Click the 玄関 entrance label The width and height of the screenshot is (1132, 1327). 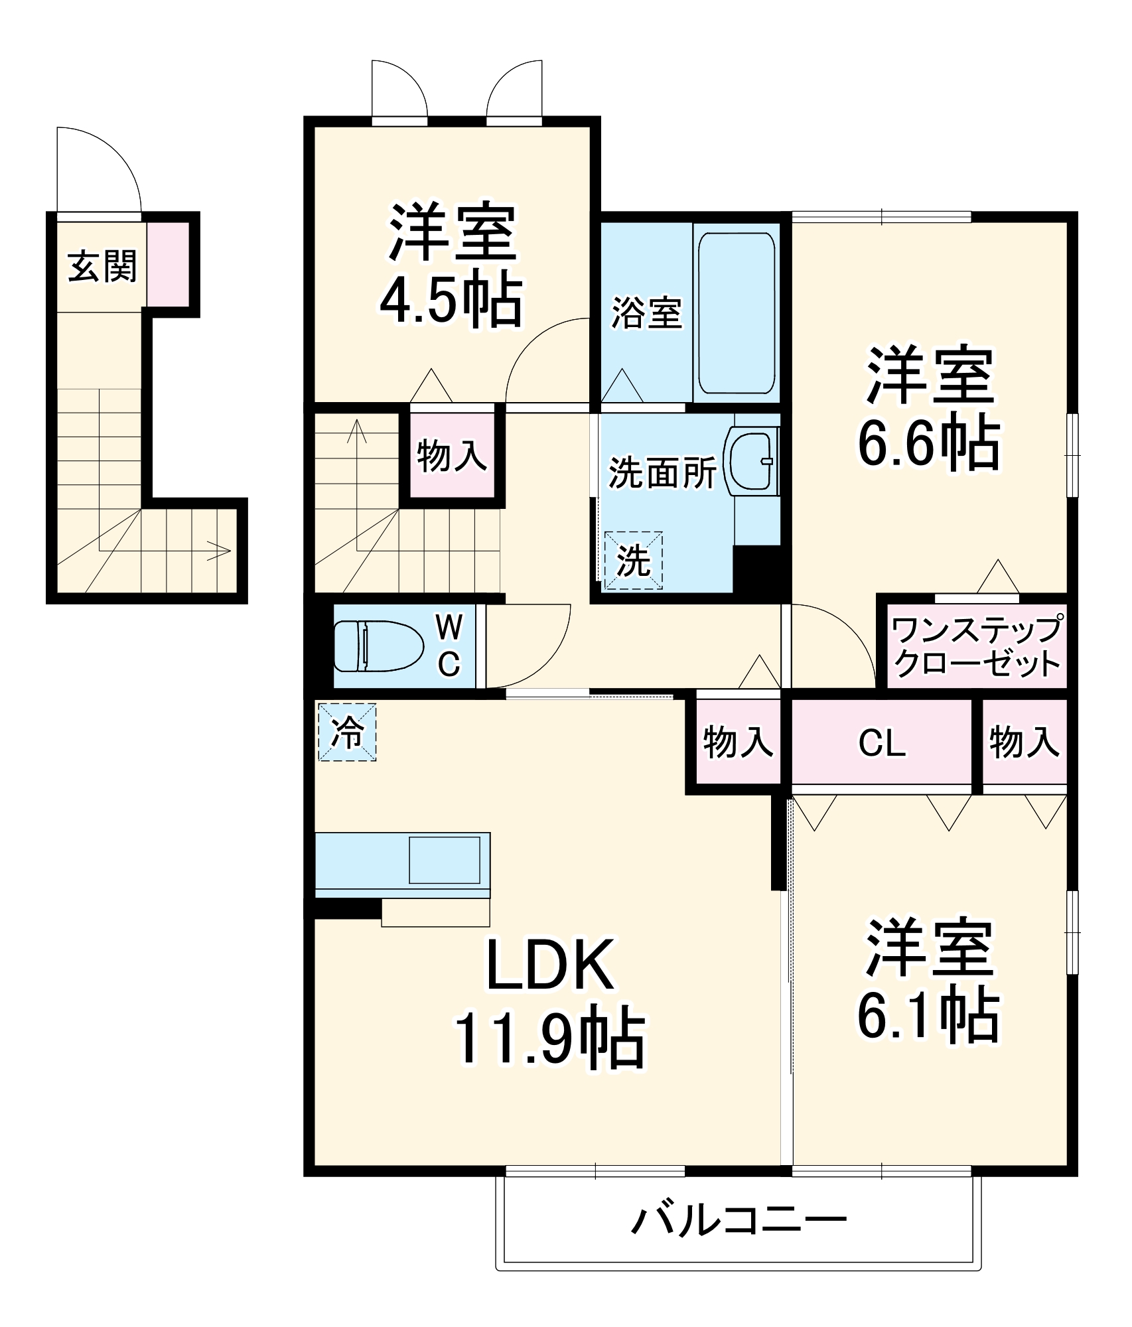[102, 267]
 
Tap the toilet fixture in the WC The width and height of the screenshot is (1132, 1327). [378, 646]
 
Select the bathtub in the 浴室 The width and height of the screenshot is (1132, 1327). [737, 313]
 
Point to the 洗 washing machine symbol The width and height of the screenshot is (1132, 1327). [633, 560]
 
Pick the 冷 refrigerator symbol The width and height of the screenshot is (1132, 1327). [347, 732]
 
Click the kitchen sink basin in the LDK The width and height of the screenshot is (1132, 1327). [444, 860]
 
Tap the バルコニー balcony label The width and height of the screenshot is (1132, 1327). [738, 1220]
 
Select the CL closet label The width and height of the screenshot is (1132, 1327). [881, 743]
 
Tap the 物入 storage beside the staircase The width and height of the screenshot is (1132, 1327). [451, 456]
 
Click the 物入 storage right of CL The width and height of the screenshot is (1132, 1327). [1024, 742]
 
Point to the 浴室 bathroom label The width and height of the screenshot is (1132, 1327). [646, 313]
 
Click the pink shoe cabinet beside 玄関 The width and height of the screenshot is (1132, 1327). [168, 264]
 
